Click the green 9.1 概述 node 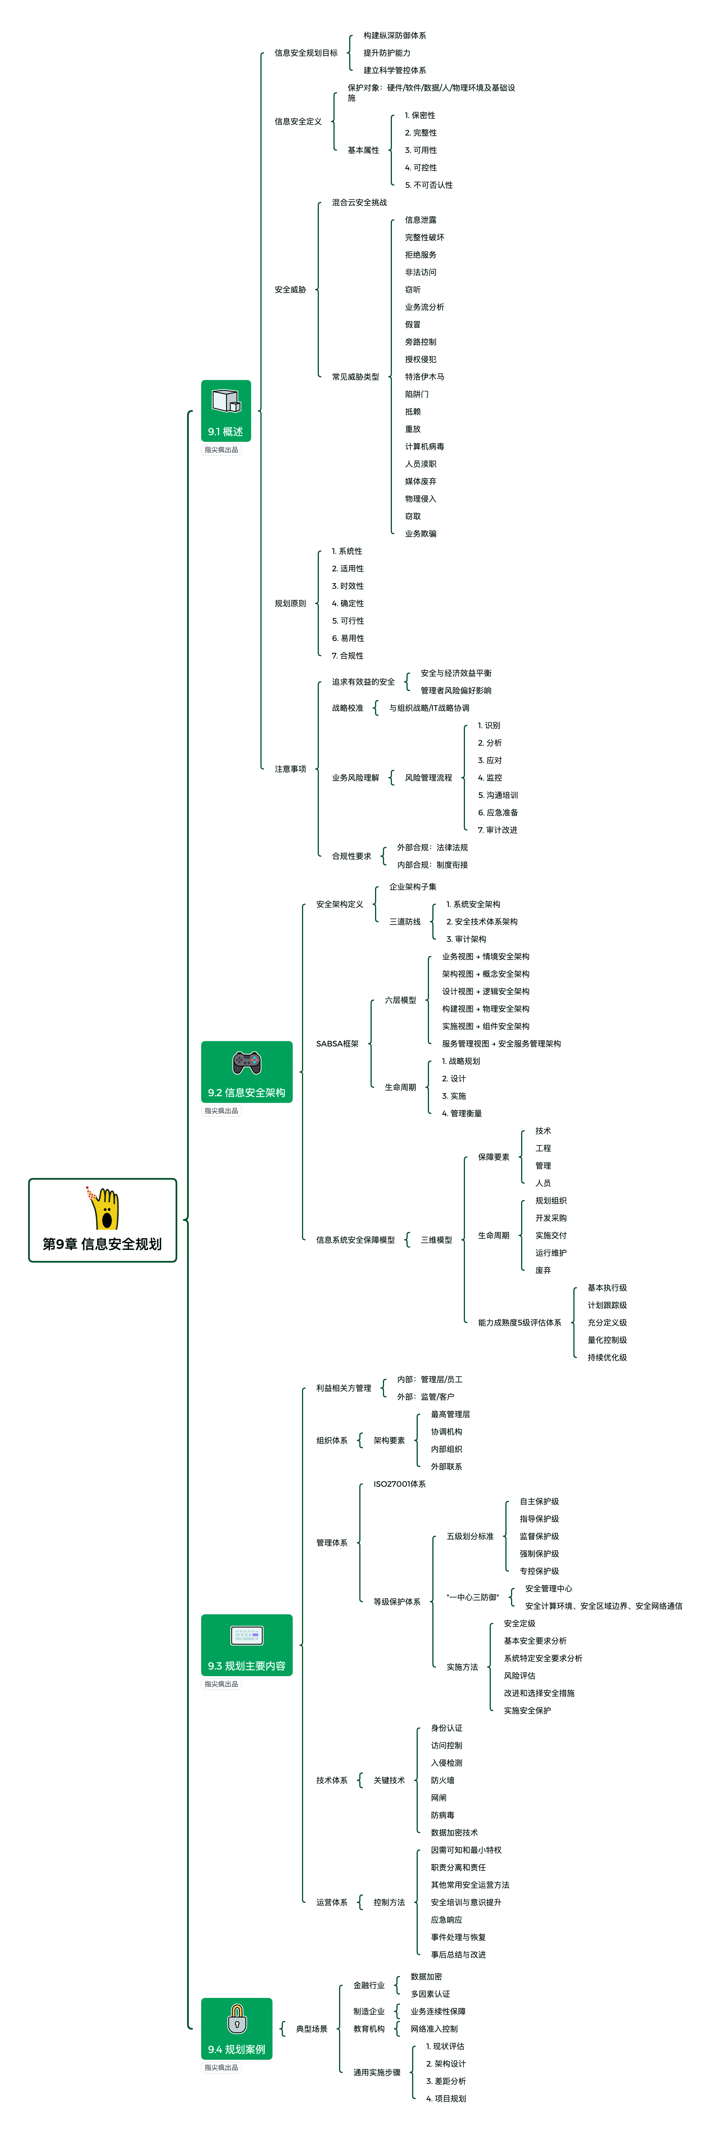(x=225, y=411)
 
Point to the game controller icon (x=246, y=1061)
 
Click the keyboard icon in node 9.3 (x=246, y=1634)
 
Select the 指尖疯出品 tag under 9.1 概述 (x=221, y=450)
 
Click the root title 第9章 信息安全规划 (x=103, y=1244)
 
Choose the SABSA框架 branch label (x=337, y=1044)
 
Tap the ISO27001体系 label (x=399, y=1484)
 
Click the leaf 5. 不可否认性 (x=429, y=185)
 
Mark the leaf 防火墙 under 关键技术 (x=442, y=1780)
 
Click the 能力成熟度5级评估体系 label (x=519, y=1322)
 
